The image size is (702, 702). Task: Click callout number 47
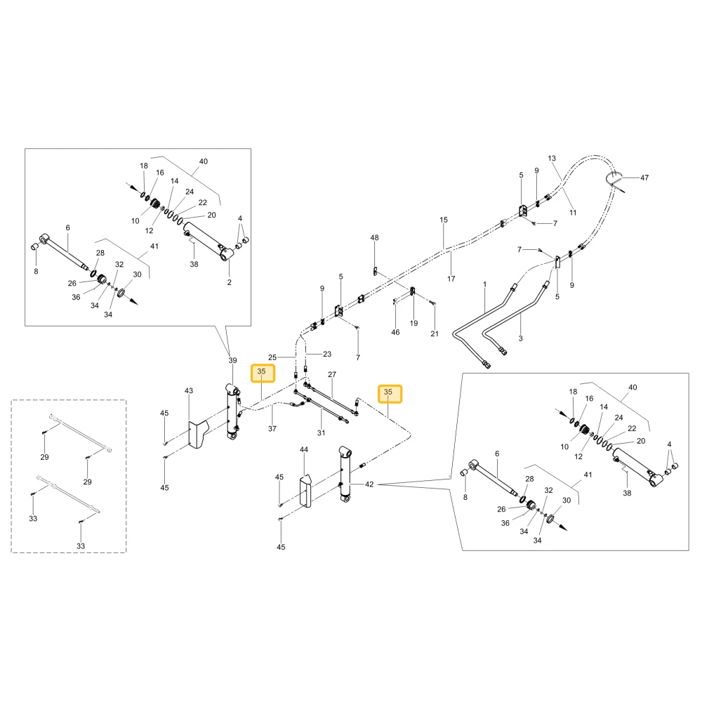pos(644,178)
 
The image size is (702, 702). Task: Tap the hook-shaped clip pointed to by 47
pos(615,180)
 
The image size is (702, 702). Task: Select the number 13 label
pos(552,158)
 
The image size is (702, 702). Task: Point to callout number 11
pos(573,213)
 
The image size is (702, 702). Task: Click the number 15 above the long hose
pos(443,220)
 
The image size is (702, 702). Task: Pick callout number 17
pos(451,279)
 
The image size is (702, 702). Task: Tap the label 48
pos(374,238)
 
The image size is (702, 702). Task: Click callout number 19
pos(413,323)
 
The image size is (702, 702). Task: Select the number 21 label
pos(435,333)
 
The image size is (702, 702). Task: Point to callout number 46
pos(395,332)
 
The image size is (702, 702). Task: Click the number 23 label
pos(327,354)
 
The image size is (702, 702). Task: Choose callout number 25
pos(272,357)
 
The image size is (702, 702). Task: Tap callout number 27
pos(332,374)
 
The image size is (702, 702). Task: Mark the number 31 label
pos(321,433)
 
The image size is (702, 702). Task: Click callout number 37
pos(272,428)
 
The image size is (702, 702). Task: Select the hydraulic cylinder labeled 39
pos(233,412)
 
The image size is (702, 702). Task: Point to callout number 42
pos(369,484)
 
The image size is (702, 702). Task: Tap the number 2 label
pos(230,282)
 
